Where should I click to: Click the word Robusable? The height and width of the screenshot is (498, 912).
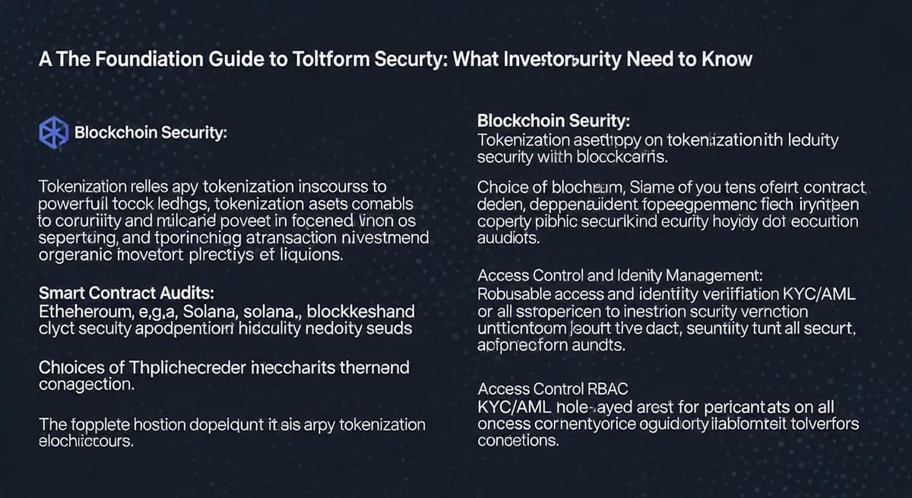click(x=515, y=294)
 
